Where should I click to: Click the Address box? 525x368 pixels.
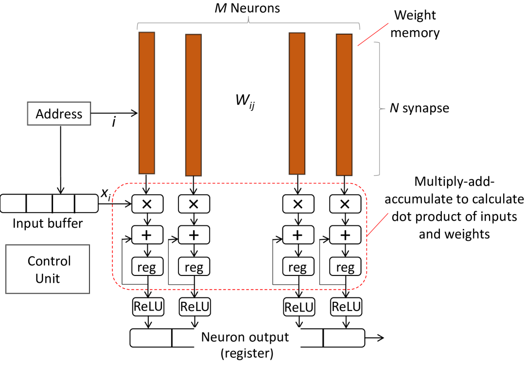(59, 114)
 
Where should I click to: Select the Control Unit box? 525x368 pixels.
(48, 269)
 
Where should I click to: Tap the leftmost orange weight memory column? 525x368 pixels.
(147, 103)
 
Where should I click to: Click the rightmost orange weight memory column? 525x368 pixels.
(344, 105)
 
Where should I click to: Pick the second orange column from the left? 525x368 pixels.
(193, 105)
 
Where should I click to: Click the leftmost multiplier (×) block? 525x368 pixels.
(147, 204)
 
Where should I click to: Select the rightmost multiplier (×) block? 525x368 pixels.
(345, 204)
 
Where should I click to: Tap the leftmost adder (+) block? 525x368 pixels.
(147, 236)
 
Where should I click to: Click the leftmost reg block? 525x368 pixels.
(147, 267)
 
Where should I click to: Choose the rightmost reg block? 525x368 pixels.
(345, 267)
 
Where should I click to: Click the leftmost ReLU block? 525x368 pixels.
(147, 307)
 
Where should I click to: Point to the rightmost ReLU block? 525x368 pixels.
(346, 307)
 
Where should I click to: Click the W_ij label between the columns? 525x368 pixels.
(244, 104)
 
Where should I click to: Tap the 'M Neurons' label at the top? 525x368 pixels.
(248, 8)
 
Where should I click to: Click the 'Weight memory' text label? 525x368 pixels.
(416, 24)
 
